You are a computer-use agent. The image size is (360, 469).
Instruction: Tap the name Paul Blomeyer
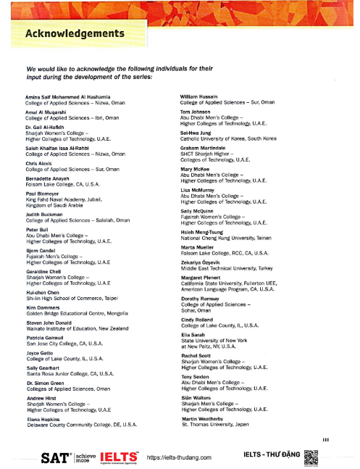coord(43,194)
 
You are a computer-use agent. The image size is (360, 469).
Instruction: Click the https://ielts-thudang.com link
coord(178,457)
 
